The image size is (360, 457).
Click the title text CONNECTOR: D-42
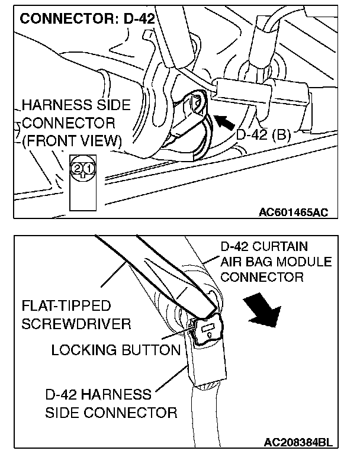click(x=87, y=18)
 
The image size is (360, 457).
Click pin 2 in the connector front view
click(x=78, y=169)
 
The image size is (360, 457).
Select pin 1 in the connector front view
click(x=87, y=169)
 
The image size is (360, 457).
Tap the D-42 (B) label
click(x=263, y=134)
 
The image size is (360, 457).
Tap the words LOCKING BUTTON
click(x=115, y=350)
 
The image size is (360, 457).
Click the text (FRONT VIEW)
click(x=70, y=142)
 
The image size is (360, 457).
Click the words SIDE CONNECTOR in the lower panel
click(x=111, y=412)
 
